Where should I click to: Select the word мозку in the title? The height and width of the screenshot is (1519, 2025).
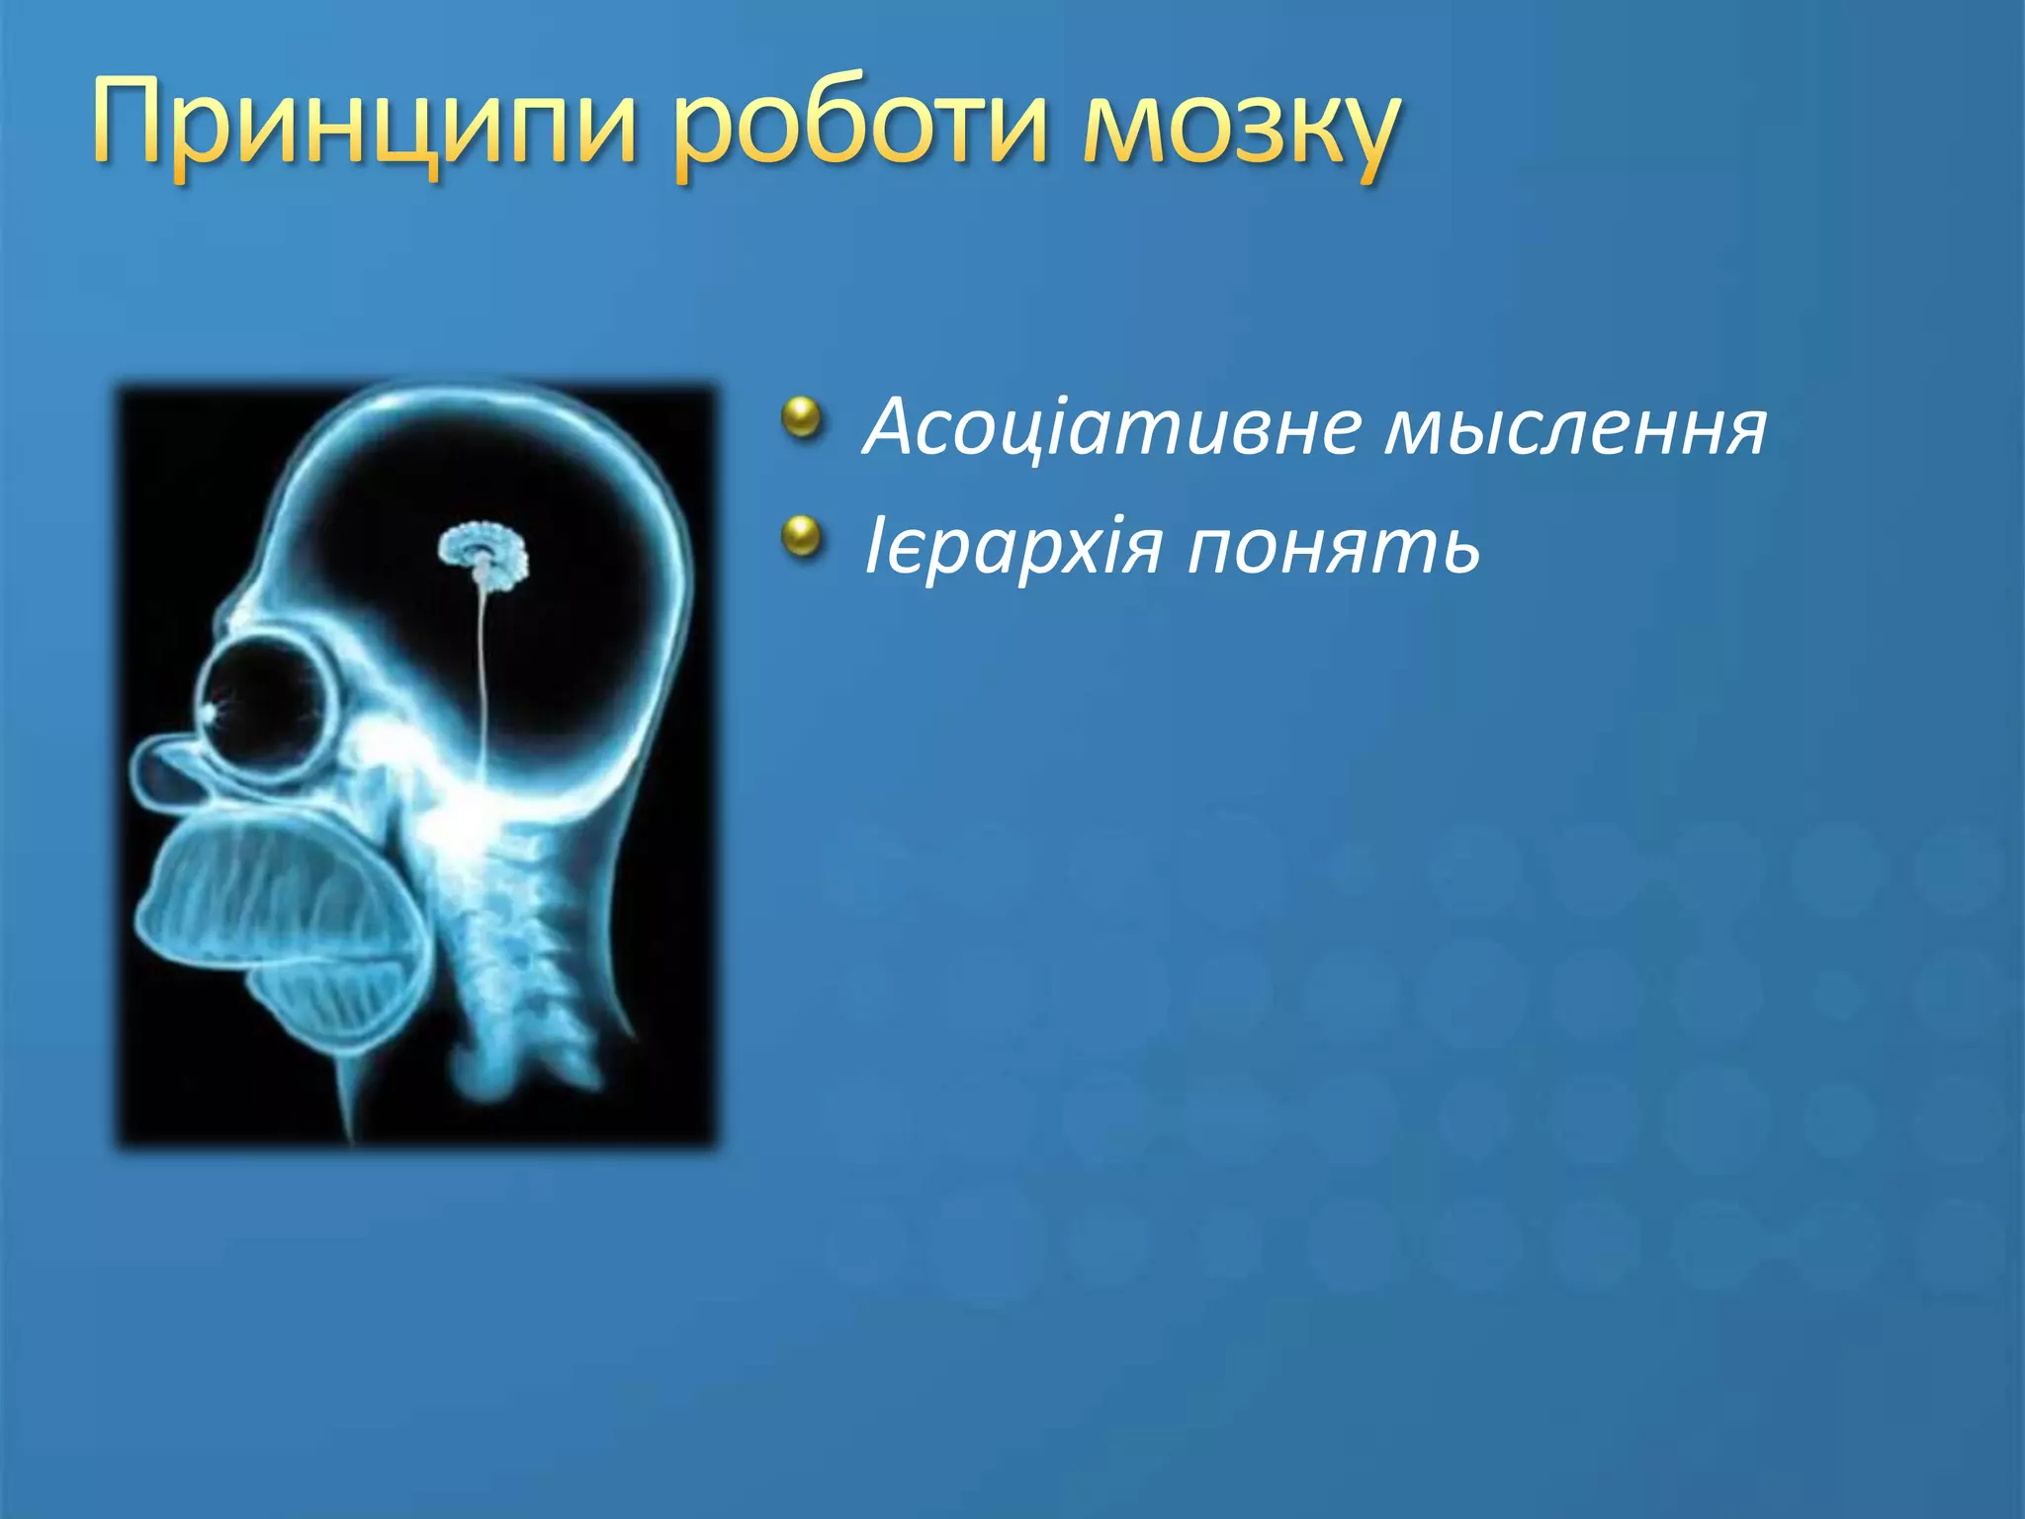tap(1241, 129)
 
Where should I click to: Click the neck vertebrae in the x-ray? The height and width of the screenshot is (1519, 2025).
tap(504, 949)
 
